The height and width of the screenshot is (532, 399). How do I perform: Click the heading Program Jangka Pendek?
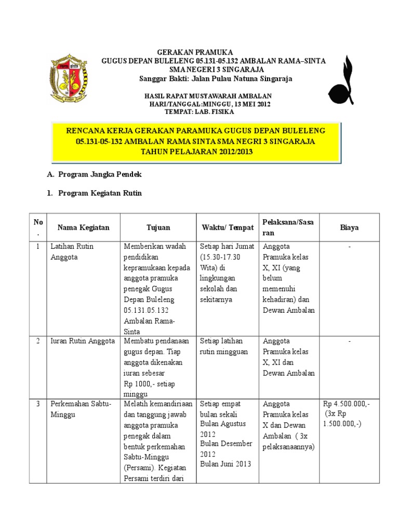(100, 175)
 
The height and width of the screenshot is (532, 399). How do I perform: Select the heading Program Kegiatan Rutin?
(100, 193)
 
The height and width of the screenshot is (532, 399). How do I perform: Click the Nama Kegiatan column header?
(83, 228)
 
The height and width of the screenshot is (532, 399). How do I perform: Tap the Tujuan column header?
(158, 228)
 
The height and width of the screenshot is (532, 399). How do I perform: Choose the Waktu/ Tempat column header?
(228, 228)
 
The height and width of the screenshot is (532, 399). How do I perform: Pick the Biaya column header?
(349, 228)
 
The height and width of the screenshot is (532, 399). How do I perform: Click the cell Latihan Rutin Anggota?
(72, 251)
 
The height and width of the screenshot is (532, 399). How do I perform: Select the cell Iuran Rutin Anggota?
(82, 341)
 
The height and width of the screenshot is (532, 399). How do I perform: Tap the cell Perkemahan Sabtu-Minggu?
(81, 409)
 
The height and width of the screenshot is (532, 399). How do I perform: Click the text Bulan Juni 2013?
(225, 464)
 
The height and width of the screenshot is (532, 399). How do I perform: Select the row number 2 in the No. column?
(38, 341)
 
